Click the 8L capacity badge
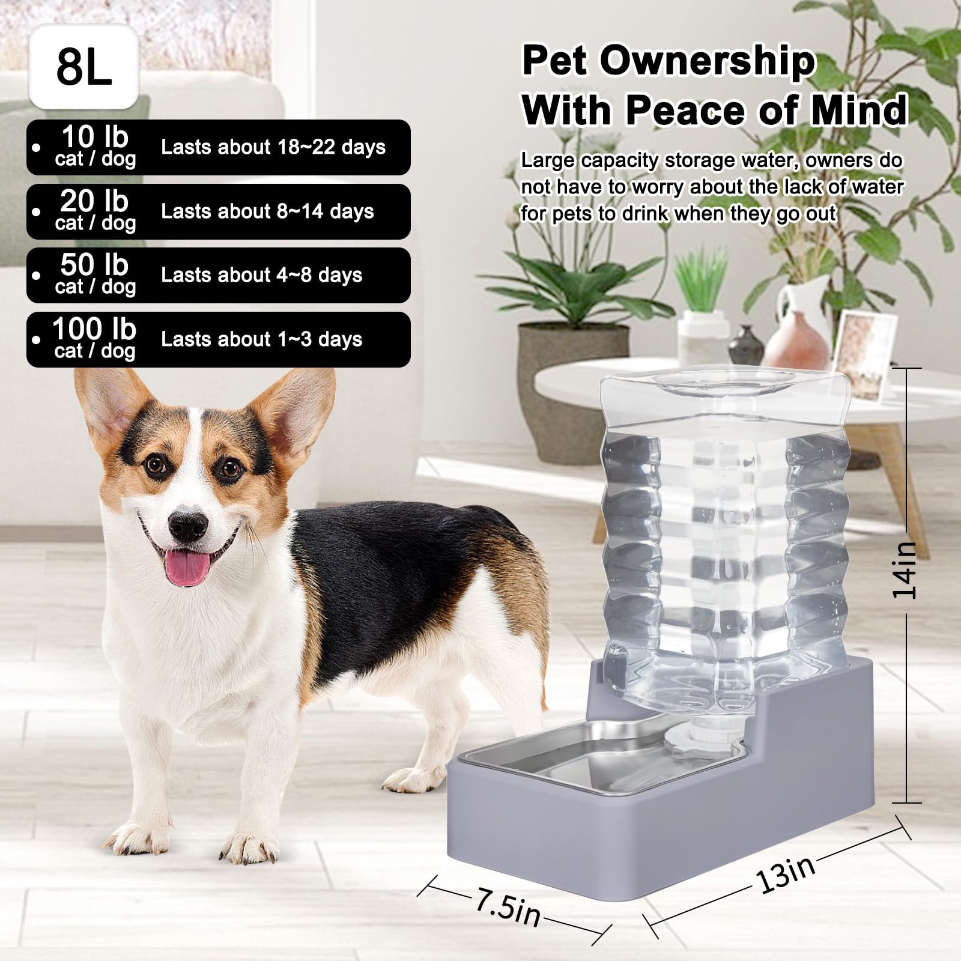pos(84,67)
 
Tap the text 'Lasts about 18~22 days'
pos(273,148)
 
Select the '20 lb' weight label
pos(94,201)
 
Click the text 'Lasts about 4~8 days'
pos(261,276)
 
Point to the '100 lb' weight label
pos(94,329)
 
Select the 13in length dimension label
pos(786,874)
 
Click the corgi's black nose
pos(187,526)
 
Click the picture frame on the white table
pos(866,354)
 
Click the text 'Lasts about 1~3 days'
pos(261,340)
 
